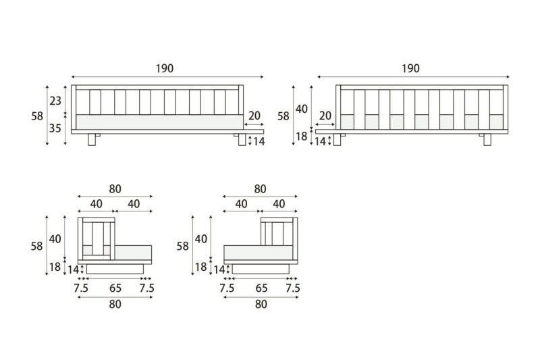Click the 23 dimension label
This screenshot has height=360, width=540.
55,101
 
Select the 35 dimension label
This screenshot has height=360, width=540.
55,128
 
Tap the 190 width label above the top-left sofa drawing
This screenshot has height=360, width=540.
165,68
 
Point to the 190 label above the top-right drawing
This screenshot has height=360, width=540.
411,68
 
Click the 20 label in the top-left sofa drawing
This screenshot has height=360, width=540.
254,115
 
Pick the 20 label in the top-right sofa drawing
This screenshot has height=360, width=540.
325,115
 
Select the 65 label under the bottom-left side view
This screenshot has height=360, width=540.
115,288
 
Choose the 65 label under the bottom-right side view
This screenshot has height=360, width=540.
261,288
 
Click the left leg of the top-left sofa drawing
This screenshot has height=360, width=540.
92,140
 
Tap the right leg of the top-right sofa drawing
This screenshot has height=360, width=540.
487,140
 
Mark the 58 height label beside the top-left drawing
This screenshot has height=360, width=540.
37,116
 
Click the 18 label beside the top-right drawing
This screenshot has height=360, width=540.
301,136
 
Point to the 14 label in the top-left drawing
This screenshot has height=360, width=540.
259,142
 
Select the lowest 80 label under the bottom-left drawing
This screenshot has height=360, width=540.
115,305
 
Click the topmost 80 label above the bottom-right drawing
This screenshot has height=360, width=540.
261,189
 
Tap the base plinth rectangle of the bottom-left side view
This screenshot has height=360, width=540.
115,269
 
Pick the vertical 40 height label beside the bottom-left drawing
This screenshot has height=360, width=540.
55,239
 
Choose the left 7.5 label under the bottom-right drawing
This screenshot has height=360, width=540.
227,288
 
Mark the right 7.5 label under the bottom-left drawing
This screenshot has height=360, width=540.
146,288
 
